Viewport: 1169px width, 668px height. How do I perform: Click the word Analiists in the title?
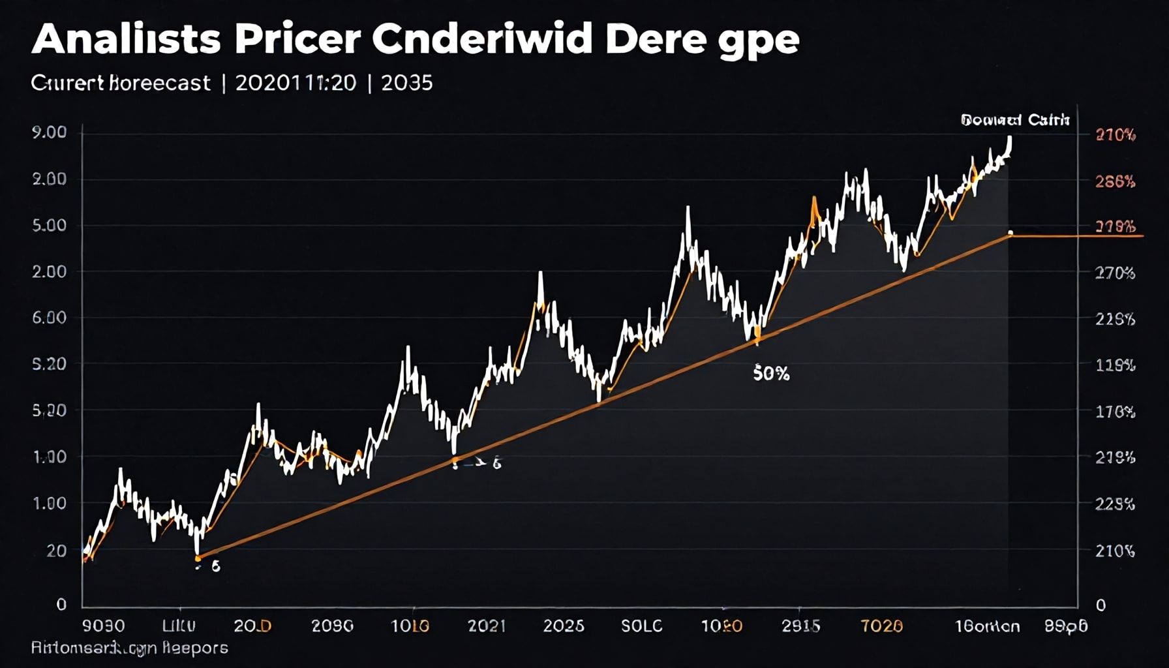pyautogui.click(x=126, y=40)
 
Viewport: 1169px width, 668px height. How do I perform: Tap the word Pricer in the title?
pyautogui.click(x=297, y=40)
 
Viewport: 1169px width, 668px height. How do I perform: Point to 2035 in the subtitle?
pyautogui.click(x=407, y=83)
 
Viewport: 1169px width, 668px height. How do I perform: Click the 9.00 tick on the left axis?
pyautogui.click(x=49, y=132)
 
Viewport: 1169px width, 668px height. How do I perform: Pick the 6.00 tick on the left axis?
pyautogui.click(x=49, y=318)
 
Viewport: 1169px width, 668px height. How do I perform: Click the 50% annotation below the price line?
pyautogui.click(x=771, y=374)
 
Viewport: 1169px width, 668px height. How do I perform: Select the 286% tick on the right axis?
pyautogui.click(x=1115, y=182)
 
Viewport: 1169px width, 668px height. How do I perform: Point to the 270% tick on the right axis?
pyautogui.click(x=1115, y=273)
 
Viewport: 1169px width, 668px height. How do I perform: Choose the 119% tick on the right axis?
pyautogui.click(x=1115, y=365)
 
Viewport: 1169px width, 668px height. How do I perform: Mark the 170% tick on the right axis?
pyautogui.click(x=1115, y=412)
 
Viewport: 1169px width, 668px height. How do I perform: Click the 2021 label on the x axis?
pyautogui.click(x=487, y=626)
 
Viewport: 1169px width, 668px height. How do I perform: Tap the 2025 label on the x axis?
pyautogui.click(x=564, y=626)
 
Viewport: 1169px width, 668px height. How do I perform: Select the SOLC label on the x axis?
pyautogui.click(x=641, y=626)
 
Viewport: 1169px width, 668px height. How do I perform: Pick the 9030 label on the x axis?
pyautogui.click(x=104, y=626)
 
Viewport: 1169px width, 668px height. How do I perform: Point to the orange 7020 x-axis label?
pyautogui.click(x=881, y=626)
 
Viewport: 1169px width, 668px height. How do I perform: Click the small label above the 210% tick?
pyautogui.click(x=1015, y=120)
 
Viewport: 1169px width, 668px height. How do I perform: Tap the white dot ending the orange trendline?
pyautogui.click(x=1010, y=233)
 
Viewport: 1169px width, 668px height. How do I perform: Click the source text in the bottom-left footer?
pyautogui.click(x=129, y=648)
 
